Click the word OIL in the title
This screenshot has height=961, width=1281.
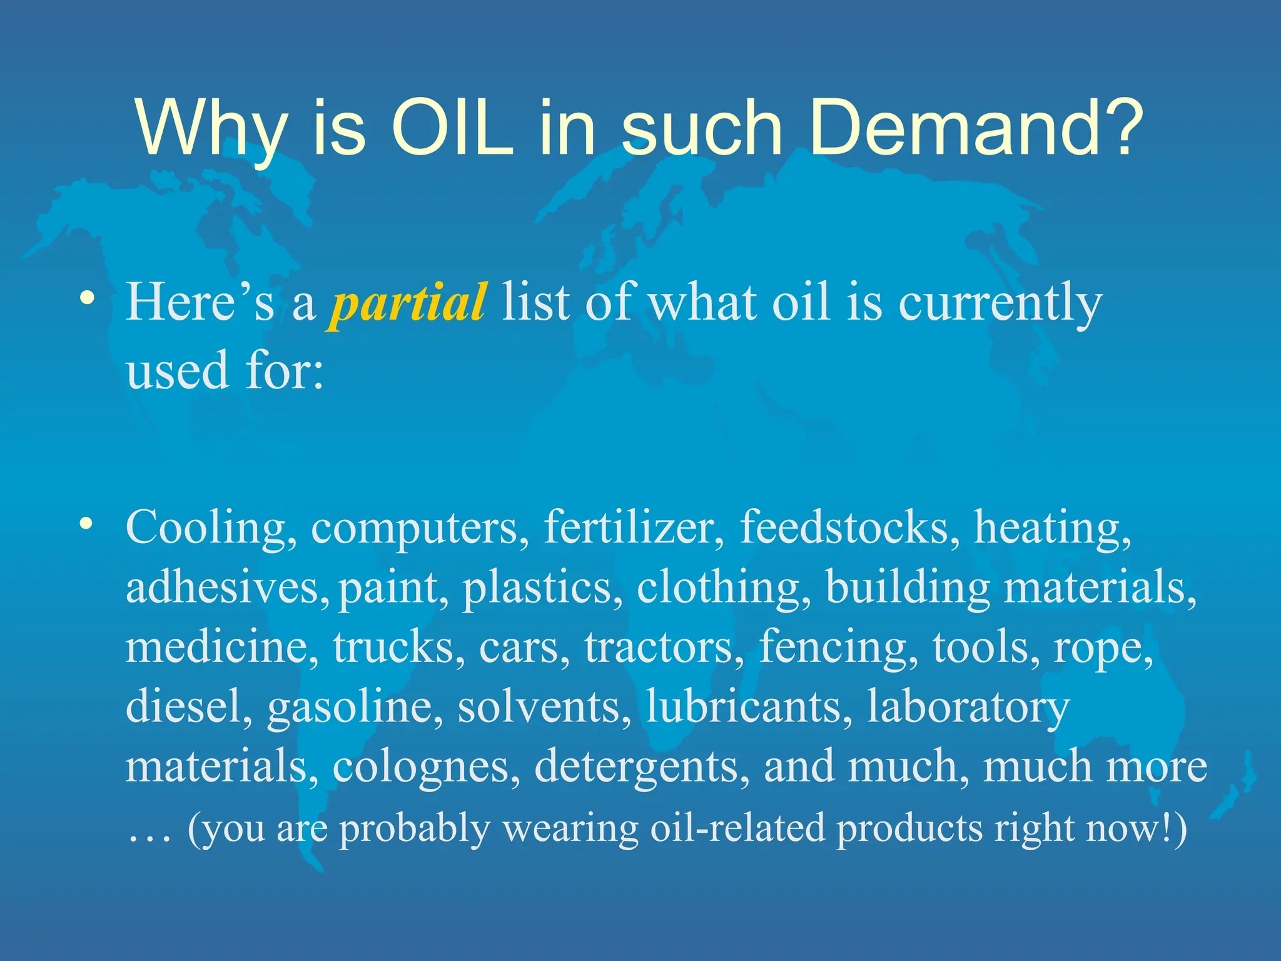452,128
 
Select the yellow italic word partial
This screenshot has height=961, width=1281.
407,303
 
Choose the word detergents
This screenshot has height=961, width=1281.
641,767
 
